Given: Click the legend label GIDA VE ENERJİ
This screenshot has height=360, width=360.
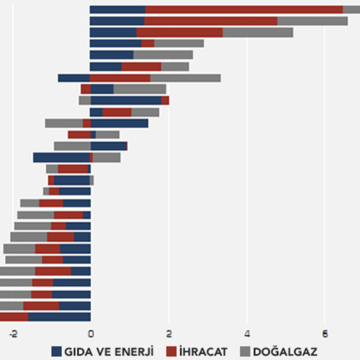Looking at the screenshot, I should (109, 352).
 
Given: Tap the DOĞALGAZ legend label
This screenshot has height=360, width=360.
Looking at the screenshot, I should (285, 352).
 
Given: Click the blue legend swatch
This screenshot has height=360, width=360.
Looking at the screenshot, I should (56, 352).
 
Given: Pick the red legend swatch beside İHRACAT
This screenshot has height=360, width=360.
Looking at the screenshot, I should (172, 352).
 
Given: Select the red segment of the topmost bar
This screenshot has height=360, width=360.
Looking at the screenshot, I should (244, 9).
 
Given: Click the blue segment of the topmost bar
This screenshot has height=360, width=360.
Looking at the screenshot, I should (118, 9).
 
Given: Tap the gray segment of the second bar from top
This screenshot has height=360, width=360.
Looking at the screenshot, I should (312, 21).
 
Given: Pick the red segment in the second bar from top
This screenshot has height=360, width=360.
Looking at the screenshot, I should (211, 21).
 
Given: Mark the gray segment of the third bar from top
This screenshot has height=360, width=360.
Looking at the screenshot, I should (258, 32).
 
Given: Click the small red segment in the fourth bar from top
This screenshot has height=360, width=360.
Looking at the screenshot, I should (147, 43).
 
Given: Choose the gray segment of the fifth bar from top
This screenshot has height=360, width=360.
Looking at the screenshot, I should (163, 55).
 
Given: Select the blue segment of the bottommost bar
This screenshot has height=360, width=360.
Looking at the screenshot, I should (59, 317).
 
